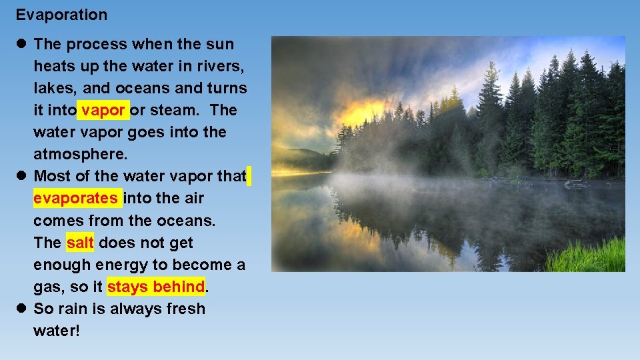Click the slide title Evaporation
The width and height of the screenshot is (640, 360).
tap(61, 15)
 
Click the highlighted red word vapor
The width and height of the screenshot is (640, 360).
tap(103, 110)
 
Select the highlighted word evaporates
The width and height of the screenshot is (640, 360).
tap(76, 198)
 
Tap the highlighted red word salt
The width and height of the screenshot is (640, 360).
tap(80, 243)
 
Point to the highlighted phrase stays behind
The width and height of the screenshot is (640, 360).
tap(155, 287)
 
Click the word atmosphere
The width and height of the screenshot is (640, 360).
tap(79, 154)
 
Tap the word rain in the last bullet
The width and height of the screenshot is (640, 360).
tap(73, 309)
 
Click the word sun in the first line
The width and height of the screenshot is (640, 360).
tap(220, 44)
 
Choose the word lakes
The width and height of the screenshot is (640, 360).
tap(54, 88)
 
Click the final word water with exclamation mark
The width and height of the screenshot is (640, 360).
tap(56, 331)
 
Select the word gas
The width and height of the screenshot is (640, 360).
tap(47, 287)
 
